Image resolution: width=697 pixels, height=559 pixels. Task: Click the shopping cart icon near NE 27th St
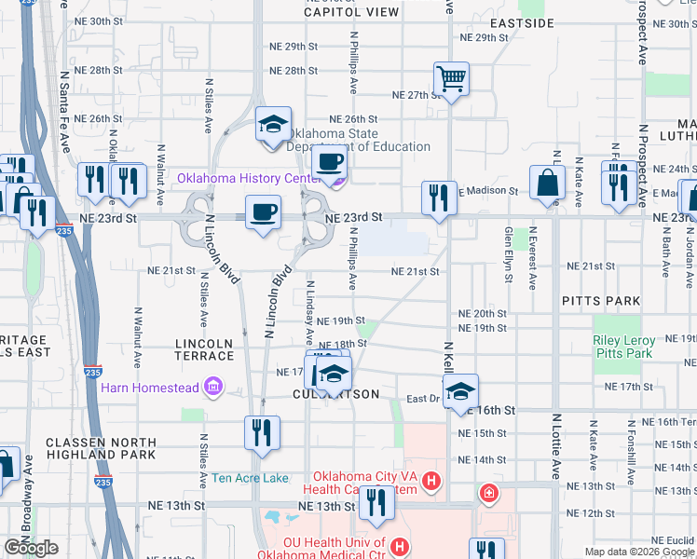pyautogui.click(x=452, y=78)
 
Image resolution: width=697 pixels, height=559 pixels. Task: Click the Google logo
pyautogui.click(x=32, y=548)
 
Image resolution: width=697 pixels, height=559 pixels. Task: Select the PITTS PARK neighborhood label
pyautogui.click(x=601, y=301)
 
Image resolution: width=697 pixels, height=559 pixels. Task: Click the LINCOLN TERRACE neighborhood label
pyautogui.click(x=204, y=349)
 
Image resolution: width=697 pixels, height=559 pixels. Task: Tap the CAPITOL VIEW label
pyautogui.click(x=351, y=12)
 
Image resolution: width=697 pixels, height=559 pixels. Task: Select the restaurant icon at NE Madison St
pyautogui.click(x=439, y=197)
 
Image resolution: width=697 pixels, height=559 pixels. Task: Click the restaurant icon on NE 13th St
pyautogui.click(x=376, y=502)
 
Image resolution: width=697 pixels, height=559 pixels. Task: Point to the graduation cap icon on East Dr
pyautogui.click(x=460, y=391)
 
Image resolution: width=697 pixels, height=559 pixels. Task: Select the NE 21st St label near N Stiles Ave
pyautogui.click(x=171, y=270)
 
